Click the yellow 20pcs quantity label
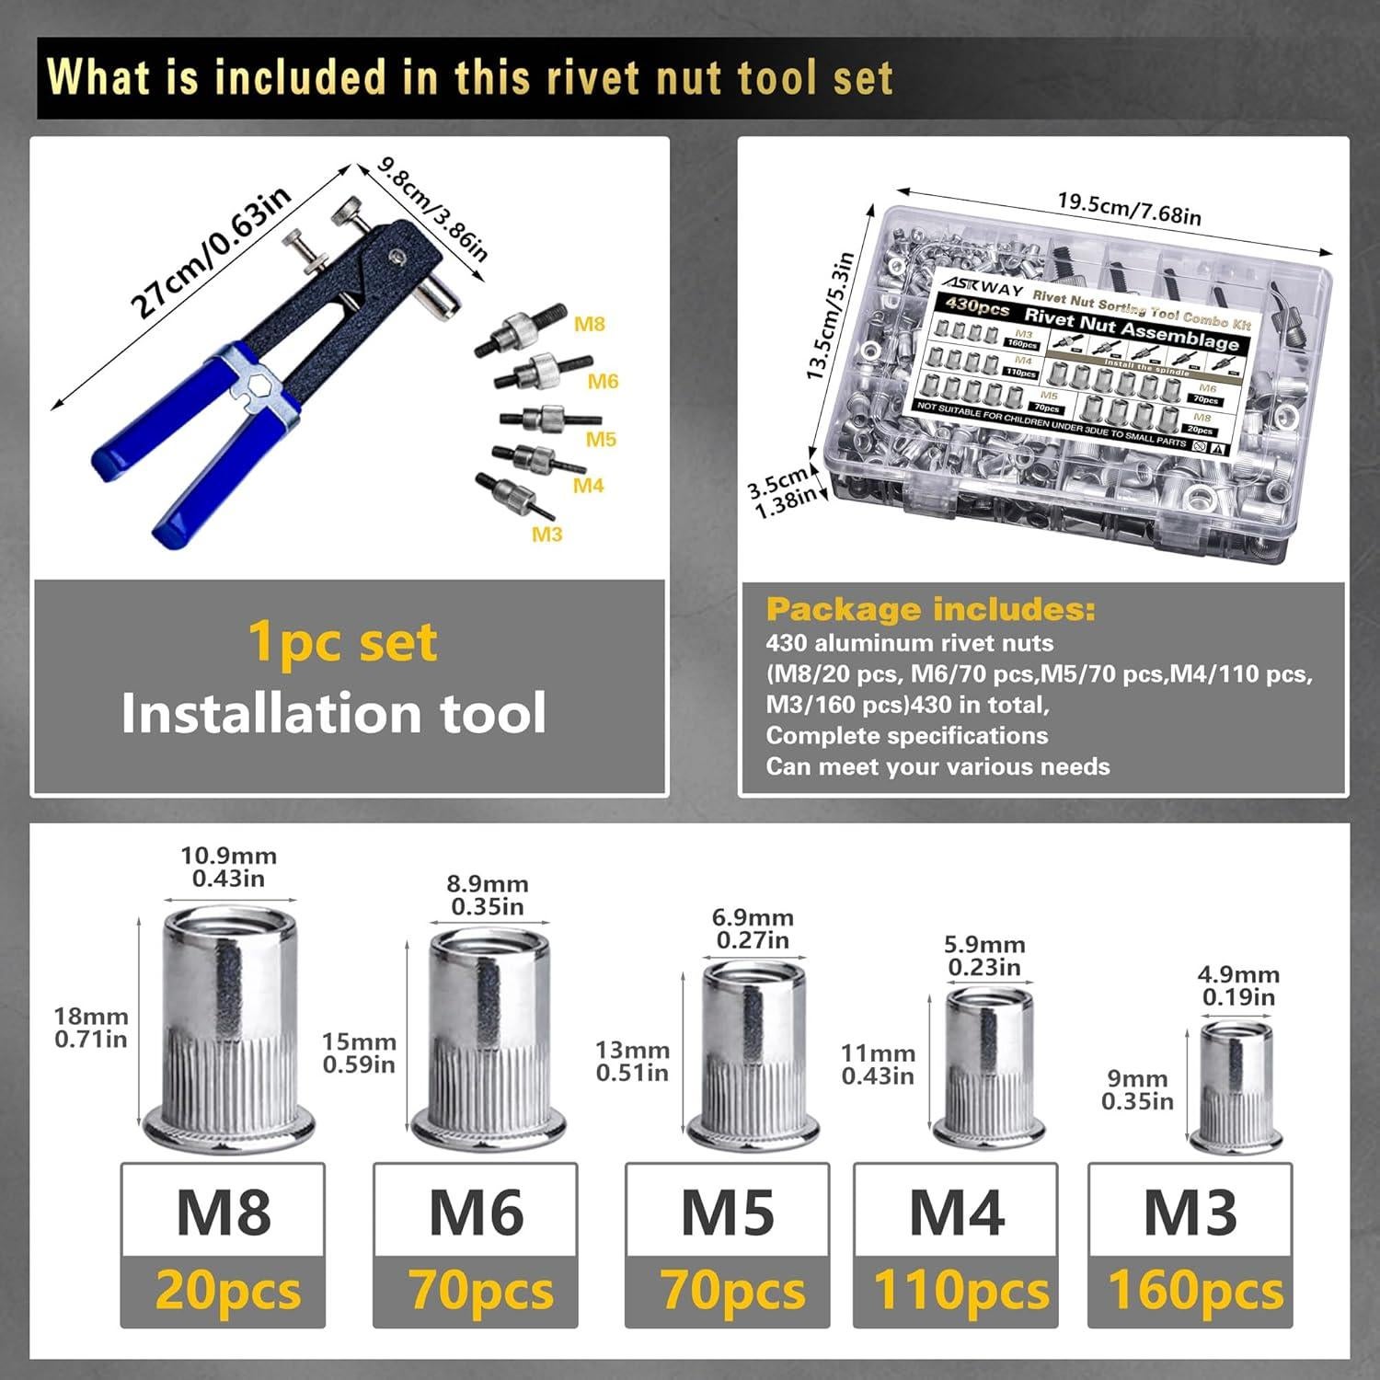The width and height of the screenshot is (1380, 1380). pos(227,1290)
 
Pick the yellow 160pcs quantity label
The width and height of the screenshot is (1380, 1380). pos(1195,1290)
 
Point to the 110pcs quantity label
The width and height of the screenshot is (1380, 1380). pos(960,1290)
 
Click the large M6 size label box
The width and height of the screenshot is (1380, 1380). pos(476,1212)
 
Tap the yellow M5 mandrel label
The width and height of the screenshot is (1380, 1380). pos(600,439)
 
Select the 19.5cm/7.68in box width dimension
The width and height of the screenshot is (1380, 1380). pos(1129,208)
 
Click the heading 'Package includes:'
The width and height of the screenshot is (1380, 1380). pos(930,609)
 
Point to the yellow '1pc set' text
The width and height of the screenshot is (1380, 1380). pos(342,642)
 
